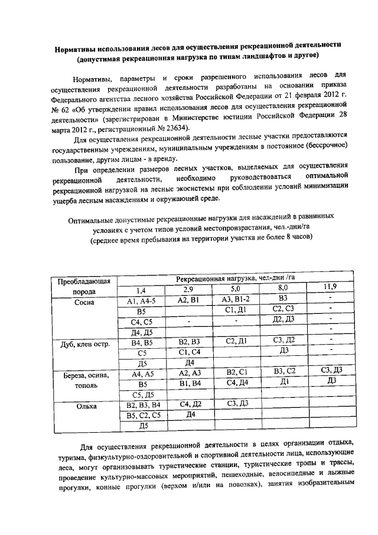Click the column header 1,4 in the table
[141, 290]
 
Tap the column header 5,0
[236, 289]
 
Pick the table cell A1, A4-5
[141, 301]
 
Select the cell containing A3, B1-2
[236, 299]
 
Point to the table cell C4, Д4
[236, 383]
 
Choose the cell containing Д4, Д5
[142, 332]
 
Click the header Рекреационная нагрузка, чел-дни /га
[235, 278]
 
